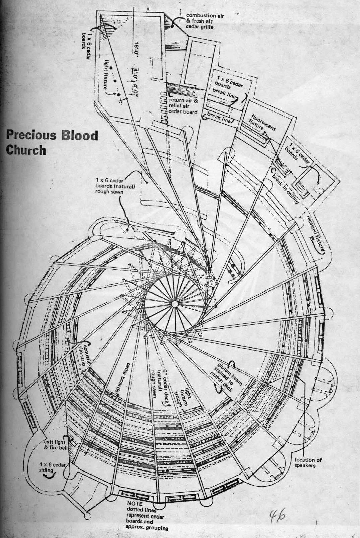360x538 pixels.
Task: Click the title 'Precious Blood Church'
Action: click(x=52, y=142)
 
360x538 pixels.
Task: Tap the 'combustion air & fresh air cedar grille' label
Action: click(x=205, y=21)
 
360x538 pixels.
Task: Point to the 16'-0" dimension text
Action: click(x=136, y=51)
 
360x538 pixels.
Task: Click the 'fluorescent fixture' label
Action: click(x=262, y=126)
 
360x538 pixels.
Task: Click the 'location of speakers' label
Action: click(x=308, y=462)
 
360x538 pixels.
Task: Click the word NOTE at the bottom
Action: click(x=135, y=503)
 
